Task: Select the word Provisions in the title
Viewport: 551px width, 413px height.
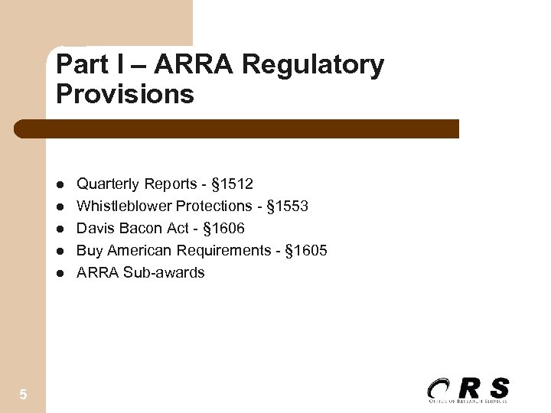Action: click(125, 94)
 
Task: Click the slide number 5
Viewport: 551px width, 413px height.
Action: click(23, 395)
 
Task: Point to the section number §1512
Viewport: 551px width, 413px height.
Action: click(232, 184)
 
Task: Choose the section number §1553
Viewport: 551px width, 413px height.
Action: click(287, 206)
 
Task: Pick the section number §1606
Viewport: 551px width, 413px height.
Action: click(223, 228)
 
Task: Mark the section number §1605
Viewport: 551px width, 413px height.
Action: click(306, 250)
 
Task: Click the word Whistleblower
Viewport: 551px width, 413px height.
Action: click(124, 206)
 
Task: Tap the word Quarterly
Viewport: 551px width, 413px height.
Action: click(108, 184)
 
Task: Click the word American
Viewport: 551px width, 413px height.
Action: click(140, 250)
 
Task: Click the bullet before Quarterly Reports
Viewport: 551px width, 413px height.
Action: click(60, 184)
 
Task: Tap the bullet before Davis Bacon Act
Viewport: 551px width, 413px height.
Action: click(60, 229)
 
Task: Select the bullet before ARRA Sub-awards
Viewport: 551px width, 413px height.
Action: click(60, 273)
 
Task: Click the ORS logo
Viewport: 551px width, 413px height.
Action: click(468, 389)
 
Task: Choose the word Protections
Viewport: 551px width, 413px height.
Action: click(214, 206)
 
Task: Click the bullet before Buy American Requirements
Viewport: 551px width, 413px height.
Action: click(60, 251)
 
